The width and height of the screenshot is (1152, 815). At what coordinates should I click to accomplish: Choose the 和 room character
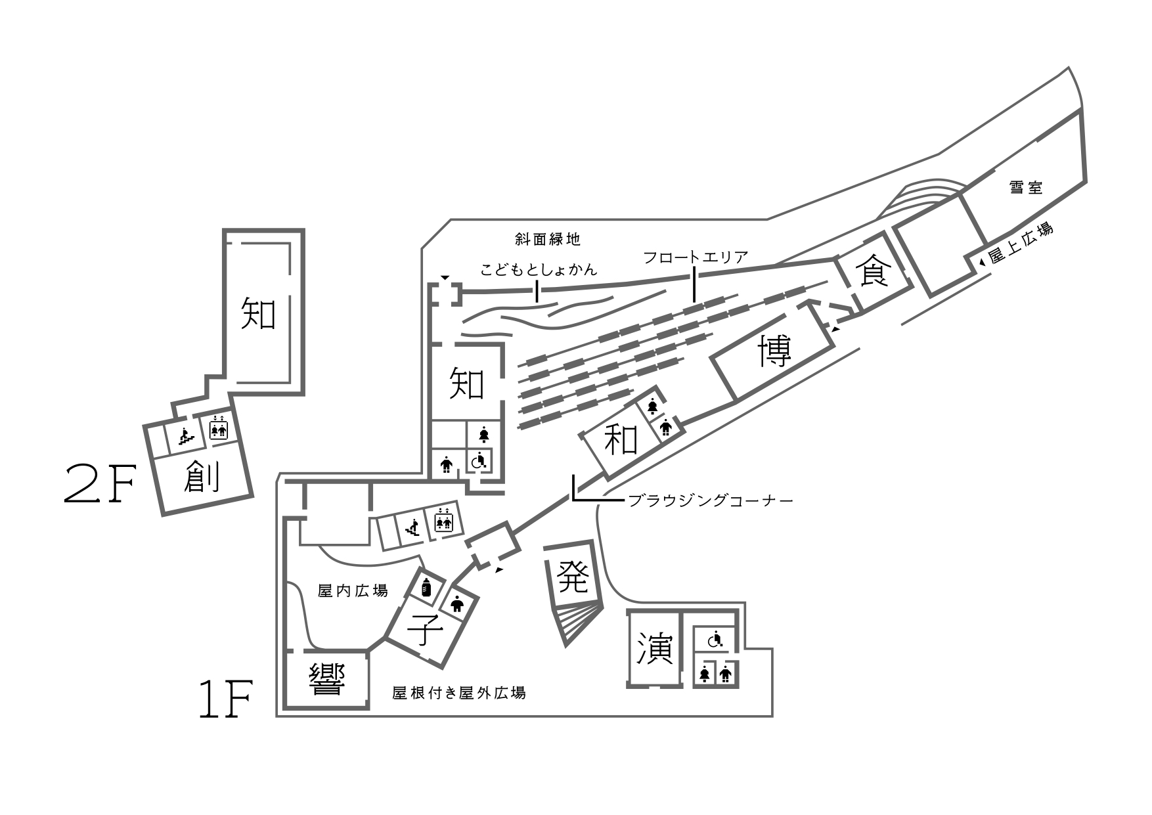pyautogui.click(x=621, y=439)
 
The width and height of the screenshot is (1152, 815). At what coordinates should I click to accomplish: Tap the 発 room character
pyautogui.click(x=572, y=577)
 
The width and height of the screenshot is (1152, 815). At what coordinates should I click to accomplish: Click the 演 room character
pyautogui.click(x=655, y=650)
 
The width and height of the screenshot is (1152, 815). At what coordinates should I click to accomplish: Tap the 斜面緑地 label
pyautogui.click(x=548, y=239)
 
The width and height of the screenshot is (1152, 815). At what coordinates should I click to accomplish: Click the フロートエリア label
pyautogui.click(x=696, y=257)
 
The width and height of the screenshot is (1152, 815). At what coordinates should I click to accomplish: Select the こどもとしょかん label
pyautogui.click(x=539, y=269)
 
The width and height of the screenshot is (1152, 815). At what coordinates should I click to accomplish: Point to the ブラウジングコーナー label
pyautogui.click(x=711, y=501)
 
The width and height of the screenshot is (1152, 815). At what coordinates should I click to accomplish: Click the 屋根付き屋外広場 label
pyautogui.click(x=458, y=693)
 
